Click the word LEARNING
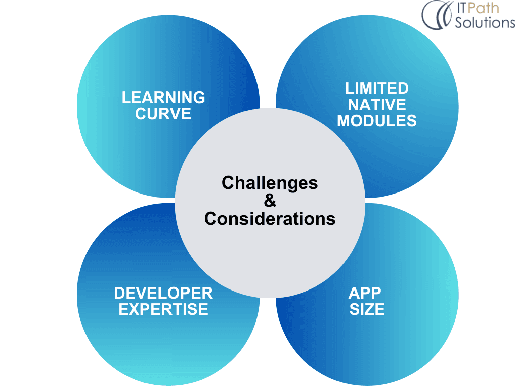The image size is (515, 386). (x=163, y=98)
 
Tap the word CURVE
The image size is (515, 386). (x=163, y=114)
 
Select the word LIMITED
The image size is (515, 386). (x=377, y=88)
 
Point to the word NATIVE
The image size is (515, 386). (x=377, y=105)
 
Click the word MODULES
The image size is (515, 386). (x=377, y=121)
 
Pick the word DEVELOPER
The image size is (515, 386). (x=163, y=293)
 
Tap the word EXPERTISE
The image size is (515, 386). (x=163, y=309)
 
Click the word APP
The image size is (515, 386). (x=365, y=293)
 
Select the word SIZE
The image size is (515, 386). (x=367, y=309)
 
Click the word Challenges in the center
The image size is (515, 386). (x=270, y=183)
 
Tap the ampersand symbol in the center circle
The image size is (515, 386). (x=270, y=201)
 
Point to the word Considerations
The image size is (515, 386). (x=270, y=219)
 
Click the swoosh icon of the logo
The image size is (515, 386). (x=437, y=15)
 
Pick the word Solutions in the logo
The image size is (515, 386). (x=485, y=22)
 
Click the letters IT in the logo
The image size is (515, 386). (x=461, y=8)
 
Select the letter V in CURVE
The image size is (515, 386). (x=175, y=114)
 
